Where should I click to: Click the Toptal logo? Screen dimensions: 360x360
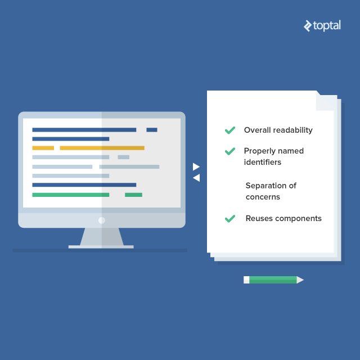click(322, 26)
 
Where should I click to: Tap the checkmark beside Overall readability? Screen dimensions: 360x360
click(229, 130)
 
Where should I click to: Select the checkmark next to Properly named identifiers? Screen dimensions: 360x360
click(229, 151)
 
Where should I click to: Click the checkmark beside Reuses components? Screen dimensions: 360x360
click(229, 218)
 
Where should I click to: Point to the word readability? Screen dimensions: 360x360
click(292, 130)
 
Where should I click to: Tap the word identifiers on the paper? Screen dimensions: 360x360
click(262, 162)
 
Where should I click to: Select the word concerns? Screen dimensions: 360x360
click(263, 197)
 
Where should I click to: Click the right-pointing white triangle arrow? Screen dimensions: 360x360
click(196, 166)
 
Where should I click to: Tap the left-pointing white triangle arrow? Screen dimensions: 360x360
click(196, 178)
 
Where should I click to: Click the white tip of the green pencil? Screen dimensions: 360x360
click(300, 280)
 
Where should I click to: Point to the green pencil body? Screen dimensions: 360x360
click(273, 280)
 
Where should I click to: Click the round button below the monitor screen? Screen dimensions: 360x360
click(102, 220)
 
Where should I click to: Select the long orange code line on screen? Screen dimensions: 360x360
click(102, 148)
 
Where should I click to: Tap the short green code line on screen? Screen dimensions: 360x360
click(133, 195)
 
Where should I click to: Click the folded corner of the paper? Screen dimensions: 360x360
click(325, 101)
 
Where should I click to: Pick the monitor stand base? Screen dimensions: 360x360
click(101, 246)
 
